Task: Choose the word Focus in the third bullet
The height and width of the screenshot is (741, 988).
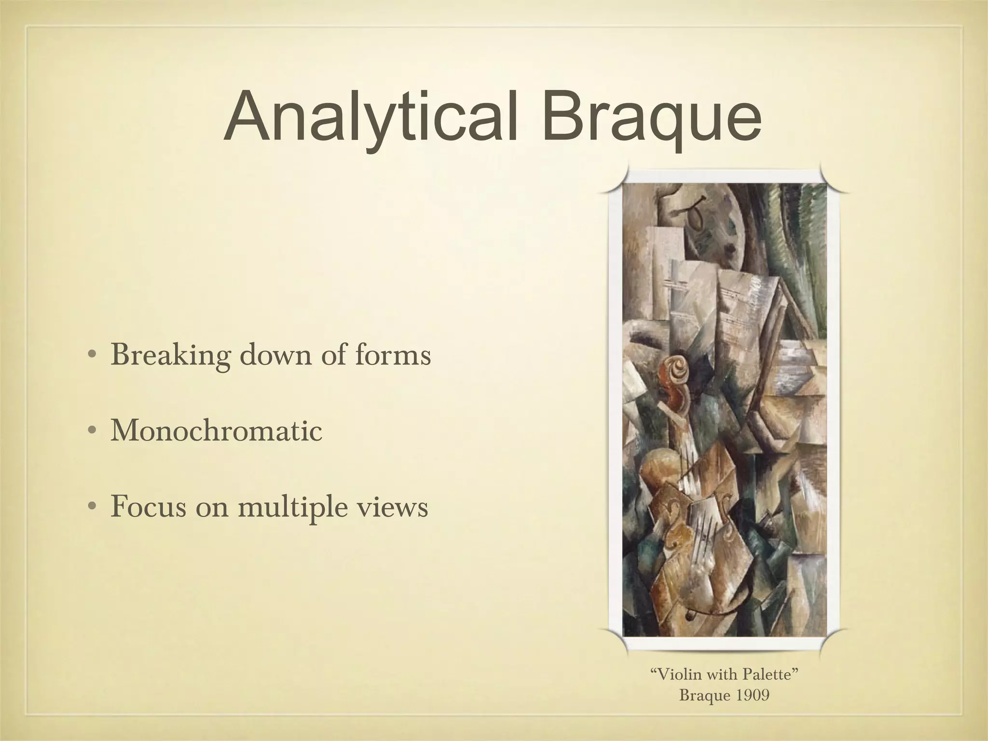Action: click(148, 506)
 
